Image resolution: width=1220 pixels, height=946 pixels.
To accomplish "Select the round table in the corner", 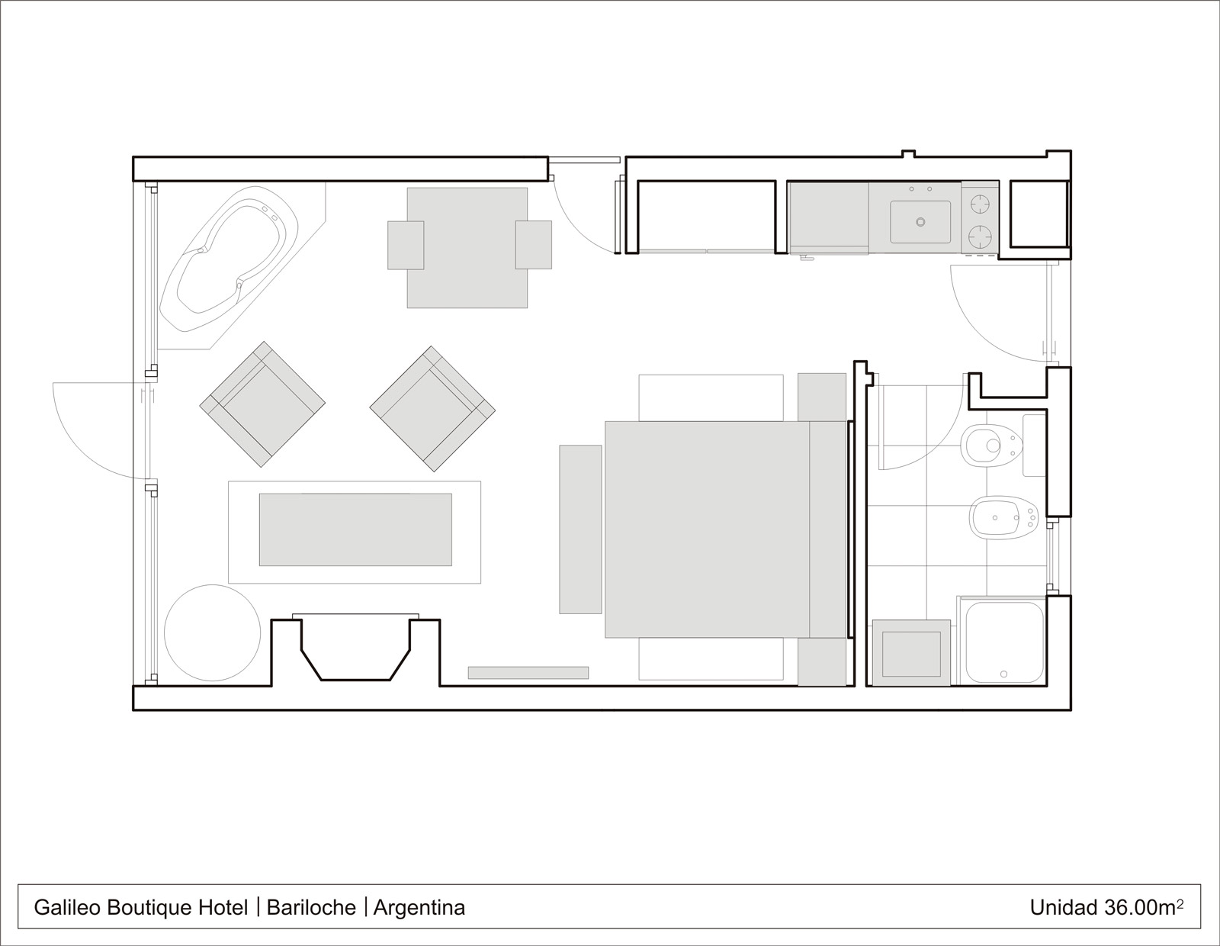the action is tap(212, 632).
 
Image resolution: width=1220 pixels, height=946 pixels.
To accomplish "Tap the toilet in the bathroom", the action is tap(991, 446).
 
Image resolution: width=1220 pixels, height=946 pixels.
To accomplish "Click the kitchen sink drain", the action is tap(920, 222).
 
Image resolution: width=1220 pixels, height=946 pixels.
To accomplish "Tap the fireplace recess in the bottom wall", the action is tap(356, 652).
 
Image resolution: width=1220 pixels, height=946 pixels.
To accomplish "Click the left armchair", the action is tap(262, 404).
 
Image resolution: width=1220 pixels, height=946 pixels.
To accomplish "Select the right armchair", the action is tap(432, 408).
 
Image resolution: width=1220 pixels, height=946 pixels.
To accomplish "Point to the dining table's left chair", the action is tap(406, 245).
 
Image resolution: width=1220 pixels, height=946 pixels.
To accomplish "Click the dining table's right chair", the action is tap(533, 245).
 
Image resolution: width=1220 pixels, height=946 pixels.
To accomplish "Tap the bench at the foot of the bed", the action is tap(580, 529).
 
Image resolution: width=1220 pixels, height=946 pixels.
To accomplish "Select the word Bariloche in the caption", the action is tap(311, 908).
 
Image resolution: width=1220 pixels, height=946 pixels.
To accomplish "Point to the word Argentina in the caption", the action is tap(419, 908).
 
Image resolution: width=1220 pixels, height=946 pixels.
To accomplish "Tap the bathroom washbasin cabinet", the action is tap(911, 653).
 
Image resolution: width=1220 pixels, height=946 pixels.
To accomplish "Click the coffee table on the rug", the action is tap(355, 529).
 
